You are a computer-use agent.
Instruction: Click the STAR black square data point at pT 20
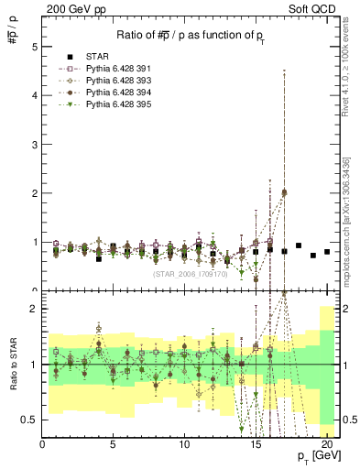pos(327,252)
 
